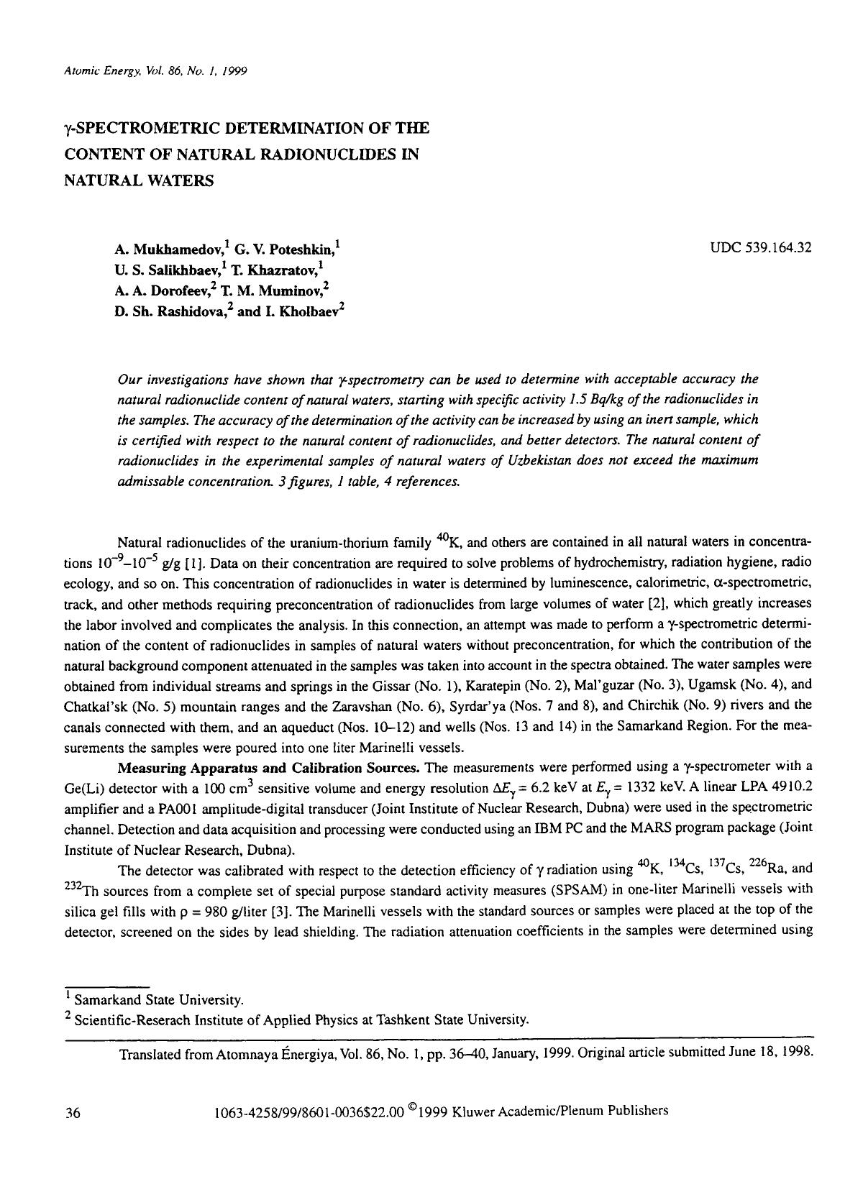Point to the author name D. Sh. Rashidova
(170, 313)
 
